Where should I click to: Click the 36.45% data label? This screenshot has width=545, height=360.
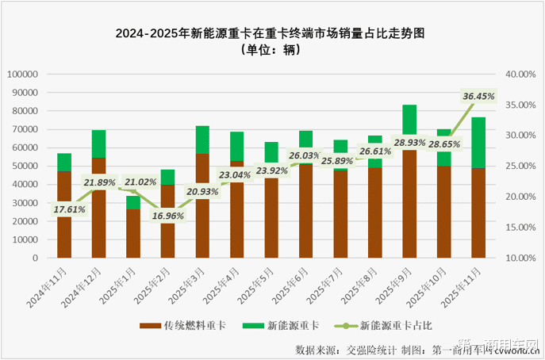[x=478, y=97]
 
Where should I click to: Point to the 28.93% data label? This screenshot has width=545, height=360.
[x=409, y=141]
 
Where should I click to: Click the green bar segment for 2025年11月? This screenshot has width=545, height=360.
[x=479, y=143]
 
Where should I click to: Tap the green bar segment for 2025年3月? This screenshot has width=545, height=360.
[x=202, y=140]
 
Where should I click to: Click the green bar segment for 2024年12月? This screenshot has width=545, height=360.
[x=98, y=144]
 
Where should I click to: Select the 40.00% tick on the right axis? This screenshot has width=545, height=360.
[x=521, y=74]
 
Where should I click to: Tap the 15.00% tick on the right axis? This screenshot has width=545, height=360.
[x=521, y=228]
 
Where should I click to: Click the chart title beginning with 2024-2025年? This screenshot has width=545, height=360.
[x=272, y=34]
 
